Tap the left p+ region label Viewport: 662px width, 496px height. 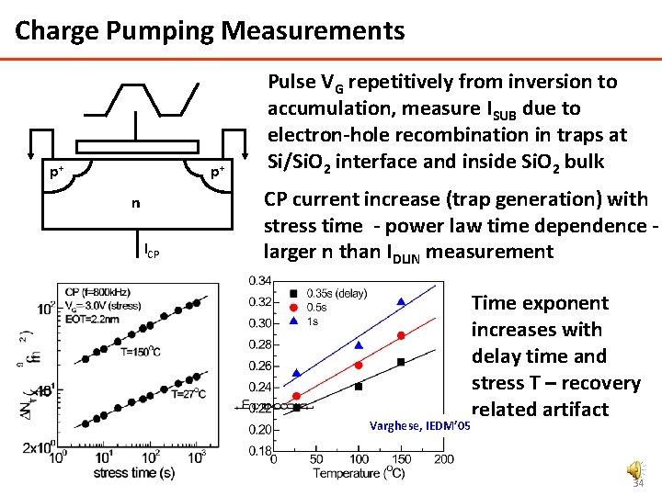[x=57, y=173]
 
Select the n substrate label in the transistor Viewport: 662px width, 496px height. [x=135, y=203]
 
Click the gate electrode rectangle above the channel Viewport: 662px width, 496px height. [x=136, y=147]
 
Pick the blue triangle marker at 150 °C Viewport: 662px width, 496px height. [x=401, y=301]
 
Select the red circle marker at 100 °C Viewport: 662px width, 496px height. [x=359, y=365]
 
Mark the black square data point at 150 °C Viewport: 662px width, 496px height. [x=401, y=362]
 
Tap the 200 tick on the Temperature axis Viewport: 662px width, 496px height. [x=443, y=459]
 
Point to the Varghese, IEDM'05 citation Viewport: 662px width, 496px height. [x=418, y=425]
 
